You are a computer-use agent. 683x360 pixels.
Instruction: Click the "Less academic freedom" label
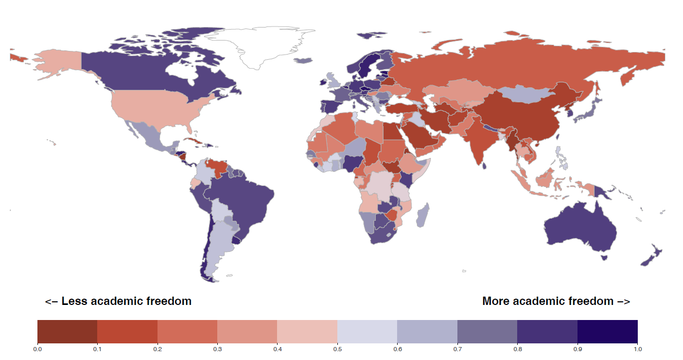click(x=118, y=301)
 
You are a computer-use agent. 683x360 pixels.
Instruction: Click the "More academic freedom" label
click(x=556, y=301)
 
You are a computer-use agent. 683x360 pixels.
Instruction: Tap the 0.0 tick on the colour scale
click(x=37, y=349)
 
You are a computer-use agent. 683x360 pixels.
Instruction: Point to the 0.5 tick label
click(x=337, y=349)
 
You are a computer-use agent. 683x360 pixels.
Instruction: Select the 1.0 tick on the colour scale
click(x=637, y=349)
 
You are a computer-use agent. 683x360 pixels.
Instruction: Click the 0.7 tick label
click(x=457, y=349)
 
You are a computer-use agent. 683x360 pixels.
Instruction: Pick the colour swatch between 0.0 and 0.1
click(x=68, y=331)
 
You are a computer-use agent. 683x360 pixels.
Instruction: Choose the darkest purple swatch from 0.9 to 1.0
click(x=607, y=331)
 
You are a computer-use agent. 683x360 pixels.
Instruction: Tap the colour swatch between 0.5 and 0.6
click(x=367, y=331)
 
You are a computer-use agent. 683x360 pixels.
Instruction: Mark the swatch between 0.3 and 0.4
click(x=247, y=331)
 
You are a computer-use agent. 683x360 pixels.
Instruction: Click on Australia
click(x=580, y=229)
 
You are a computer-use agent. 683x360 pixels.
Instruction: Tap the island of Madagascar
click(x=423, y=216)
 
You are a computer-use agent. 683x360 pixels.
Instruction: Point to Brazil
click(x=244, y=197)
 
